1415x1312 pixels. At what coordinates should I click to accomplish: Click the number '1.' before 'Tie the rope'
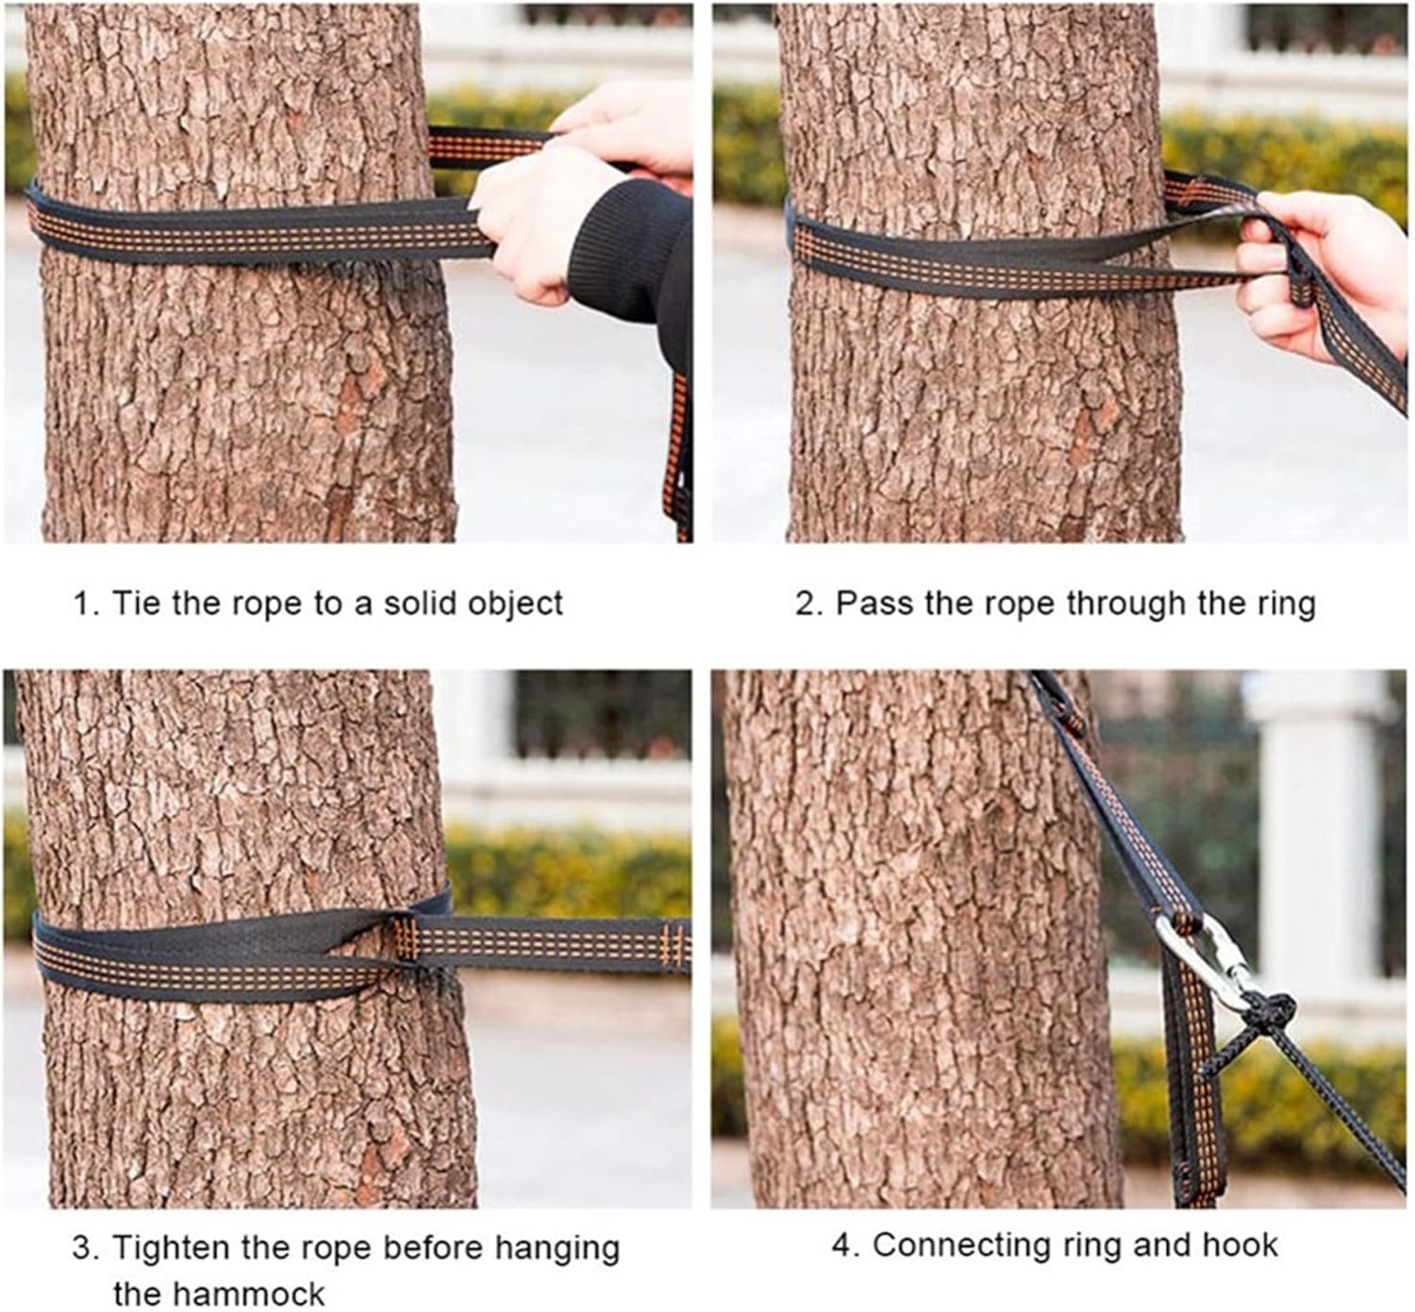[86, 603]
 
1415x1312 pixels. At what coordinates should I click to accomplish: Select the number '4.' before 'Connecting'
[843, 1245]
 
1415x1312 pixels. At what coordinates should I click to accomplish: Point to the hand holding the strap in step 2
[1321, 264]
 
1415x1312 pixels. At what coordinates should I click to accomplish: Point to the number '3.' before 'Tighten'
[86, 1248]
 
